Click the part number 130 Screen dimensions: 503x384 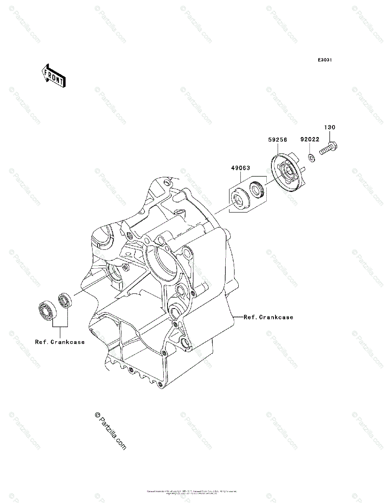pos(330,127)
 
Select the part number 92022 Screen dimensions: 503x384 pos(309,140)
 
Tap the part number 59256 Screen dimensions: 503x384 pos(278,141)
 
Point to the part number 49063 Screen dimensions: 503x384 pos(240,168)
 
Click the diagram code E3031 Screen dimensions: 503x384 pos(325,60)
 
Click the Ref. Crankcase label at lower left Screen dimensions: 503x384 pos(60,342)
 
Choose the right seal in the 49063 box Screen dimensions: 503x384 pos(256,189)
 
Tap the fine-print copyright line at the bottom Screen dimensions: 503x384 pos(192,492)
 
